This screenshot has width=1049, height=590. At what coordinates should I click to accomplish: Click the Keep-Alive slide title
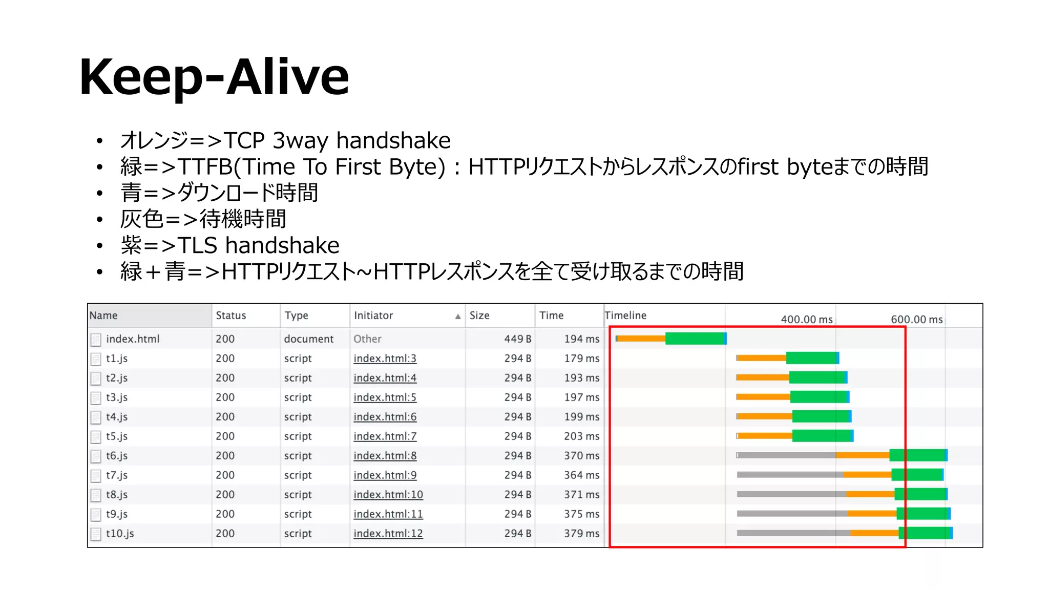pos(214,77)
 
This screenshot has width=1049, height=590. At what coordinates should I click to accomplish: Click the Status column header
pos(230,315)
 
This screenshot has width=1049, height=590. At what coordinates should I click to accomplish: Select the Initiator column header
pos(373,315)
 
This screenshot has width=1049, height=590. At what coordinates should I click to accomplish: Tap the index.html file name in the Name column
pos(133,339)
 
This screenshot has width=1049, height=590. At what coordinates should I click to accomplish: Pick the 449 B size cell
pos(517,339)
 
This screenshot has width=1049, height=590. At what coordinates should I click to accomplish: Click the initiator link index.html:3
pos(385,359)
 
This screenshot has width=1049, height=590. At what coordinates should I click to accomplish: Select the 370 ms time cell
pos(581,456)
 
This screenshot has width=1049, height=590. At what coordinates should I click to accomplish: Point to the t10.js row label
pos(120,534)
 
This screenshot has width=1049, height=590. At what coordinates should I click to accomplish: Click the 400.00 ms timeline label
pos(806,320)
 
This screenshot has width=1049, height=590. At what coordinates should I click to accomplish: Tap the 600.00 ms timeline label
pos(916,320)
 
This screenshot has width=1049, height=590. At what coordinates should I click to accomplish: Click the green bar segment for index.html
pos(695,339)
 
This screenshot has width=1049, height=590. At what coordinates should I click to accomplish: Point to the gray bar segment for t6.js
pos(787,455)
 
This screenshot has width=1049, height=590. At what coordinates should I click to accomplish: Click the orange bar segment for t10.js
pos(874,533)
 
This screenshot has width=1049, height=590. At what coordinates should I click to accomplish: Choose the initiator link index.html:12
pos(388,534)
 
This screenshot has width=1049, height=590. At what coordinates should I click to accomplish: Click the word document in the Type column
pos(308,339)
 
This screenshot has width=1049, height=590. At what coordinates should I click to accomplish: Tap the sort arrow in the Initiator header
pos(457,317)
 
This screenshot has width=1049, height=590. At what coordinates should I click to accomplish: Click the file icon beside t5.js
pos(96,437)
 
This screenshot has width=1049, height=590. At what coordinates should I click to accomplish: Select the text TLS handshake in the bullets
pos(258,245)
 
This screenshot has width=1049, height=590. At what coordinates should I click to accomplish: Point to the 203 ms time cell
pos(581,436)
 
